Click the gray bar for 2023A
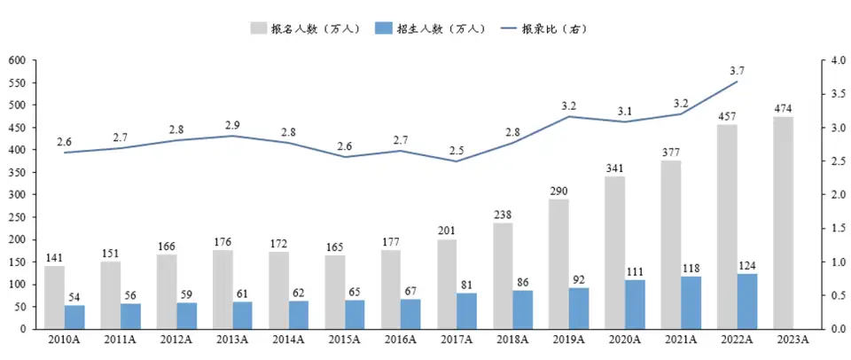[783, 223]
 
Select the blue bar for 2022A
[747, 301]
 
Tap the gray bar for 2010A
[54, 297]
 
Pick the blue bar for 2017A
[467, 310]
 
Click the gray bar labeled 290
[558, 263]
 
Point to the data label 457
[727, 116]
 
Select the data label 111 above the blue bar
[635, 270]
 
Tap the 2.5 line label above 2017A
[457, 150]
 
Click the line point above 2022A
[737, 82]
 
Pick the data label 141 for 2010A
[55, 258]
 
